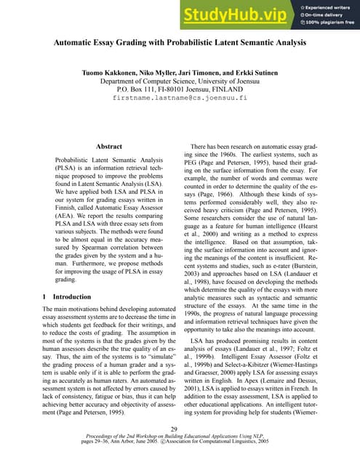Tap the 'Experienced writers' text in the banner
[x=328, y=5]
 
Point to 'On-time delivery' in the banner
[x=324, y=15]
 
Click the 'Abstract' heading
[x=108, y=146]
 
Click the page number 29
[x=180, y=429]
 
